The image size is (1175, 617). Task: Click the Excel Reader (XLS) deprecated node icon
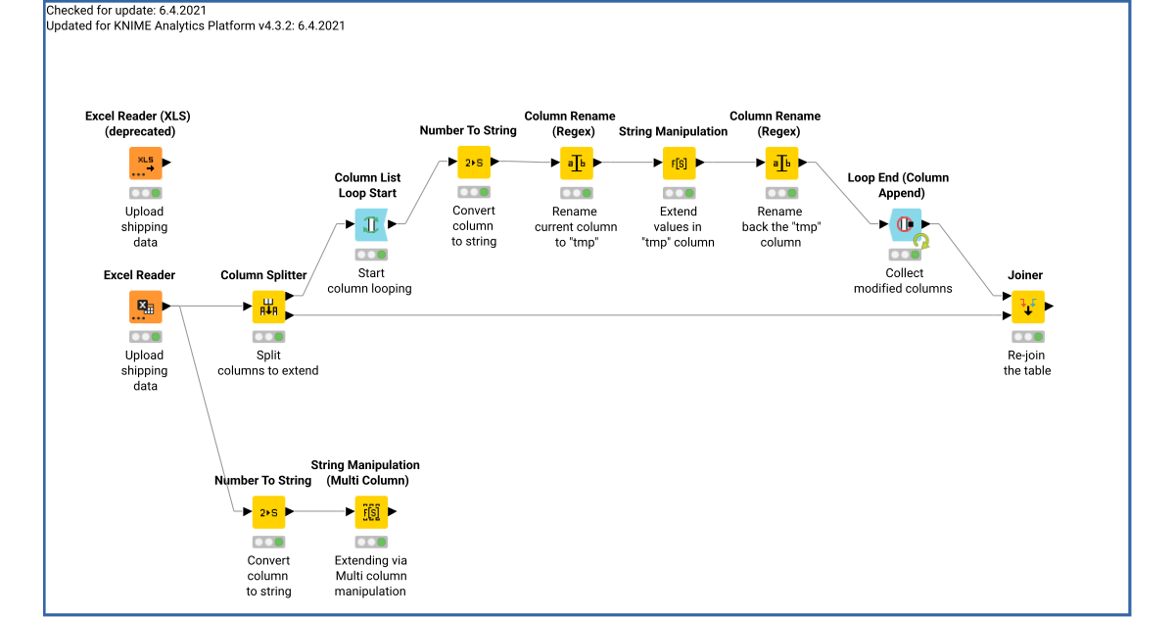point(145,163)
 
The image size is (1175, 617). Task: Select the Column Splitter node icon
point(268,307)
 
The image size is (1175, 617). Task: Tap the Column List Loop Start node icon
point(370,224)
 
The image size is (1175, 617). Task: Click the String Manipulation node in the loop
point(679,163)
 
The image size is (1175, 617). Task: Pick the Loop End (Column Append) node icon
point(906,224)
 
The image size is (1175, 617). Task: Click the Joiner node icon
point(1027,307)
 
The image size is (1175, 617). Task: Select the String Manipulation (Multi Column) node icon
point(371,511)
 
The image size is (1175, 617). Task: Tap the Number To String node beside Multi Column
point(268,511)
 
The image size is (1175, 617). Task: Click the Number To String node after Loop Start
point(474,162)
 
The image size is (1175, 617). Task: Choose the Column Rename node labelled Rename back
point(780,163)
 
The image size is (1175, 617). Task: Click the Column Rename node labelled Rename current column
point(576,163)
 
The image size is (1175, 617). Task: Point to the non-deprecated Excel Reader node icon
point(145,307)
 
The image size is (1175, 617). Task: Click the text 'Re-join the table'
point(1027,363)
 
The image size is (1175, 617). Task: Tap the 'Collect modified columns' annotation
point(903,281)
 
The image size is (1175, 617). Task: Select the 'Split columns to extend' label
point(268,363)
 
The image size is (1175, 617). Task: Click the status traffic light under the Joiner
point(1027,337)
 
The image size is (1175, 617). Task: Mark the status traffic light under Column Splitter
point(268,337)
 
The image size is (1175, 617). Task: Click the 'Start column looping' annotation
point(369,281)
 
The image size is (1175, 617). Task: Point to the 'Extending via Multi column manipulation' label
point(370,576)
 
